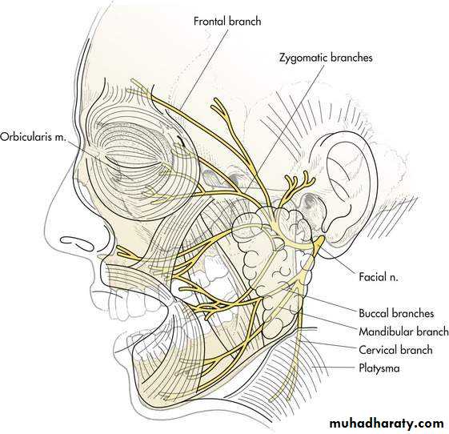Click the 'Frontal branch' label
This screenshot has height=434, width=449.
click(x=227, y=21)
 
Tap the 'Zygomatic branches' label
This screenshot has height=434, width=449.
click(x=326, y=58)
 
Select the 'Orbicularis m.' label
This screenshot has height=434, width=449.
click(x=33, y=137)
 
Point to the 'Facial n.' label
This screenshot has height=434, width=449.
click(x=379, y=277)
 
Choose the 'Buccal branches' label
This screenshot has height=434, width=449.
click(x=396, y=313)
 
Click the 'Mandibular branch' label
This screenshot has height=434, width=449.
click(x=403, y=332)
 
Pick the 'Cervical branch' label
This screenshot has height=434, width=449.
click(x=395, y=350)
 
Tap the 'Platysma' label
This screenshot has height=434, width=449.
click(x=379, y=368)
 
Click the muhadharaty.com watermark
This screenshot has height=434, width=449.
click(x=387, y=423)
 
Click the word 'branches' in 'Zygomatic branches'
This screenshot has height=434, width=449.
click(x=351, y=58)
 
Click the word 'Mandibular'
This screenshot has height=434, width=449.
click(x=386, y=332)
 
